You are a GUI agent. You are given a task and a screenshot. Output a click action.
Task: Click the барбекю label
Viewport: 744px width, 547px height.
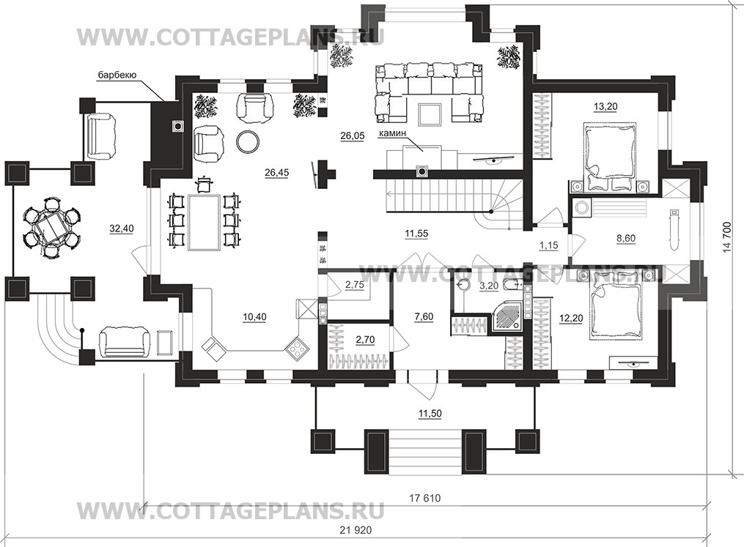click(x=117, y=75)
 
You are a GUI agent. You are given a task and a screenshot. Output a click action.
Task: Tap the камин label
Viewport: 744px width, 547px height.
click(x=392, y=134)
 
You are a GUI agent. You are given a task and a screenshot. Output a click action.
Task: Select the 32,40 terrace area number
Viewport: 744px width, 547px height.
click(x=122, y=228)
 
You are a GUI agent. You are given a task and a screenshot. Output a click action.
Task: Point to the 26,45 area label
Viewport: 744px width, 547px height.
click(x=276, y=173)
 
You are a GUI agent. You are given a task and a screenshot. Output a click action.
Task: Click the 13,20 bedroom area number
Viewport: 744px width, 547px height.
click(x=605, y=107)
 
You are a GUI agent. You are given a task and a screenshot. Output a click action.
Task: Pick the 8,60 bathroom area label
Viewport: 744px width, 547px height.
click(x=626, y=239)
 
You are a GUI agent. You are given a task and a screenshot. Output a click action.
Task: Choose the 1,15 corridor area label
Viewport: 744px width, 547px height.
click(x=548, y=245)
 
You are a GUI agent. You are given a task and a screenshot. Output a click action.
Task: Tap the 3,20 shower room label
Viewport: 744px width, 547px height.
click(x=489, y=286)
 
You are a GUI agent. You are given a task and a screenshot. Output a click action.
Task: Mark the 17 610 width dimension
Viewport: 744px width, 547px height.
click(x=424, y=498)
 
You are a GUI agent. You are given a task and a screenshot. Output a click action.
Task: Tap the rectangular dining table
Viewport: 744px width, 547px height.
click(x=203, y=221)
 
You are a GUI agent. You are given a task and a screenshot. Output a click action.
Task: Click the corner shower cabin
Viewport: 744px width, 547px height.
click(x=507, y=316)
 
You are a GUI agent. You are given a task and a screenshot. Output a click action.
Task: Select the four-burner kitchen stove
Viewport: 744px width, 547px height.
click(x=297, y=349)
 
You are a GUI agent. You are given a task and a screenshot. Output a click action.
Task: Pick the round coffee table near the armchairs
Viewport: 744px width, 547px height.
click(x=248, y=141)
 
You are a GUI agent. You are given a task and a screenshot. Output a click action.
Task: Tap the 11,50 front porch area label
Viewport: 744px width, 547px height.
click(x=430, y=414)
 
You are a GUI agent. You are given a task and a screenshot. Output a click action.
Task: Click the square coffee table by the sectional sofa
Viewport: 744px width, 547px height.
click(x=430, y=115)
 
